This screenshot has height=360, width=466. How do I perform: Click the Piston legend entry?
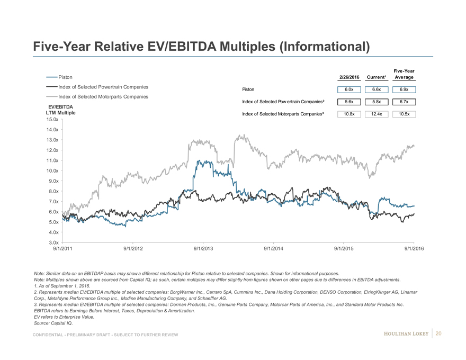pos(65,77)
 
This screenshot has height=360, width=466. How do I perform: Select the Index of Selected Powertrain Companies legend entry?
pos(103,87)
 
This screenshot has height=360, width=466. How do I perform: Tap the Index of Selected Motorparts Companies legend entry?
pos(103,96)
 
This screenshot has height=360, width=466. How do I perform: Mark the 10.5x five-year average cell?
pos(404,114)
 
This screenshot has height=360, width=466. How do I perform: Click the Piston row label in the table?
pos(248,89)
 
